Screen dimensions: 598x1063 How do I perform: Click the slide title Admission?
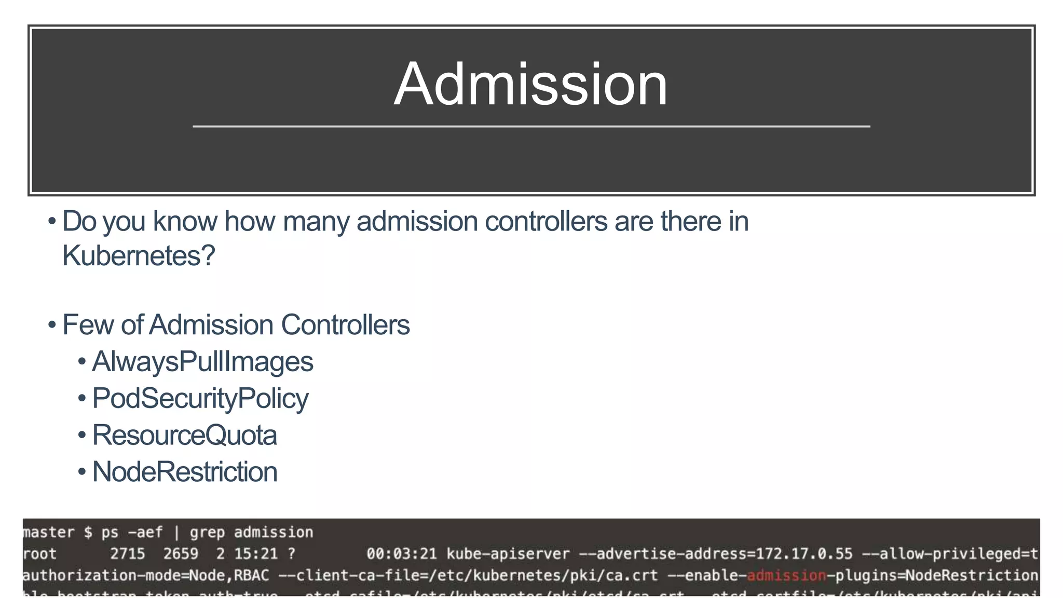coord(530,84)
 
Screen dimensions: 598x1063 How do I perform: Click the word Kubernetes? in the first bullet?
coord(139,255)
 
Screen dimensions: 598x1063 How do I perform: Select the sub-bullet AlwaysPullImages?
coord(202,362)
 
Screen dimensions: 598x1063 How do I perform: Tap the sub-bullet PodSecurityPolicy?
coord(200,399)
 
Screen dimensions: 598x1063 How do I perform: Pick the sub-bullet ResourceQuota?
coord(184,436)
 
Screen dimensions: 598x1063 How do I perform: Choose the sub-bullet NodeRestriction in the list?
coord(184,472)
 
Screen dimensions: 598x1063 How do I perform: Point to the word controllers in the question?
coord(546,222)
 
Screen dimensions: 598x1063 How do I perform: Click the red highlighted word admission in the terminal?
coord(786,575)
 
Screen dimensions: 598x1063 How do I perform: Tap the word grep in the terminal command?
coord(207,533)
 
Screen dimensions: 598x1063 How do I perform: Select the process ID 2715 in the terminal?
coord(128,554)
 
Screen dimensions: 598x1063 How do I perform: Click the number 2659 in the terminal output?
coord(181,554)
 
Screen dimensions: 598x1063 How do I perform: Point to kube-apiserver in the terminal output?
coord(508,554)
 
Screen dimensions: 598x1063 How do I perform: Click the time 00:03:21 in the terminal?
coord(402,554)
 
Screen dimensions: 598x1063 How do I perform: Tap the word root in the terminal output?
coord(39,554)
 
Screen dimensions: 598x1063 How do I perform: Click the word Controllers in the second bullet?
coord(345,325)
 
